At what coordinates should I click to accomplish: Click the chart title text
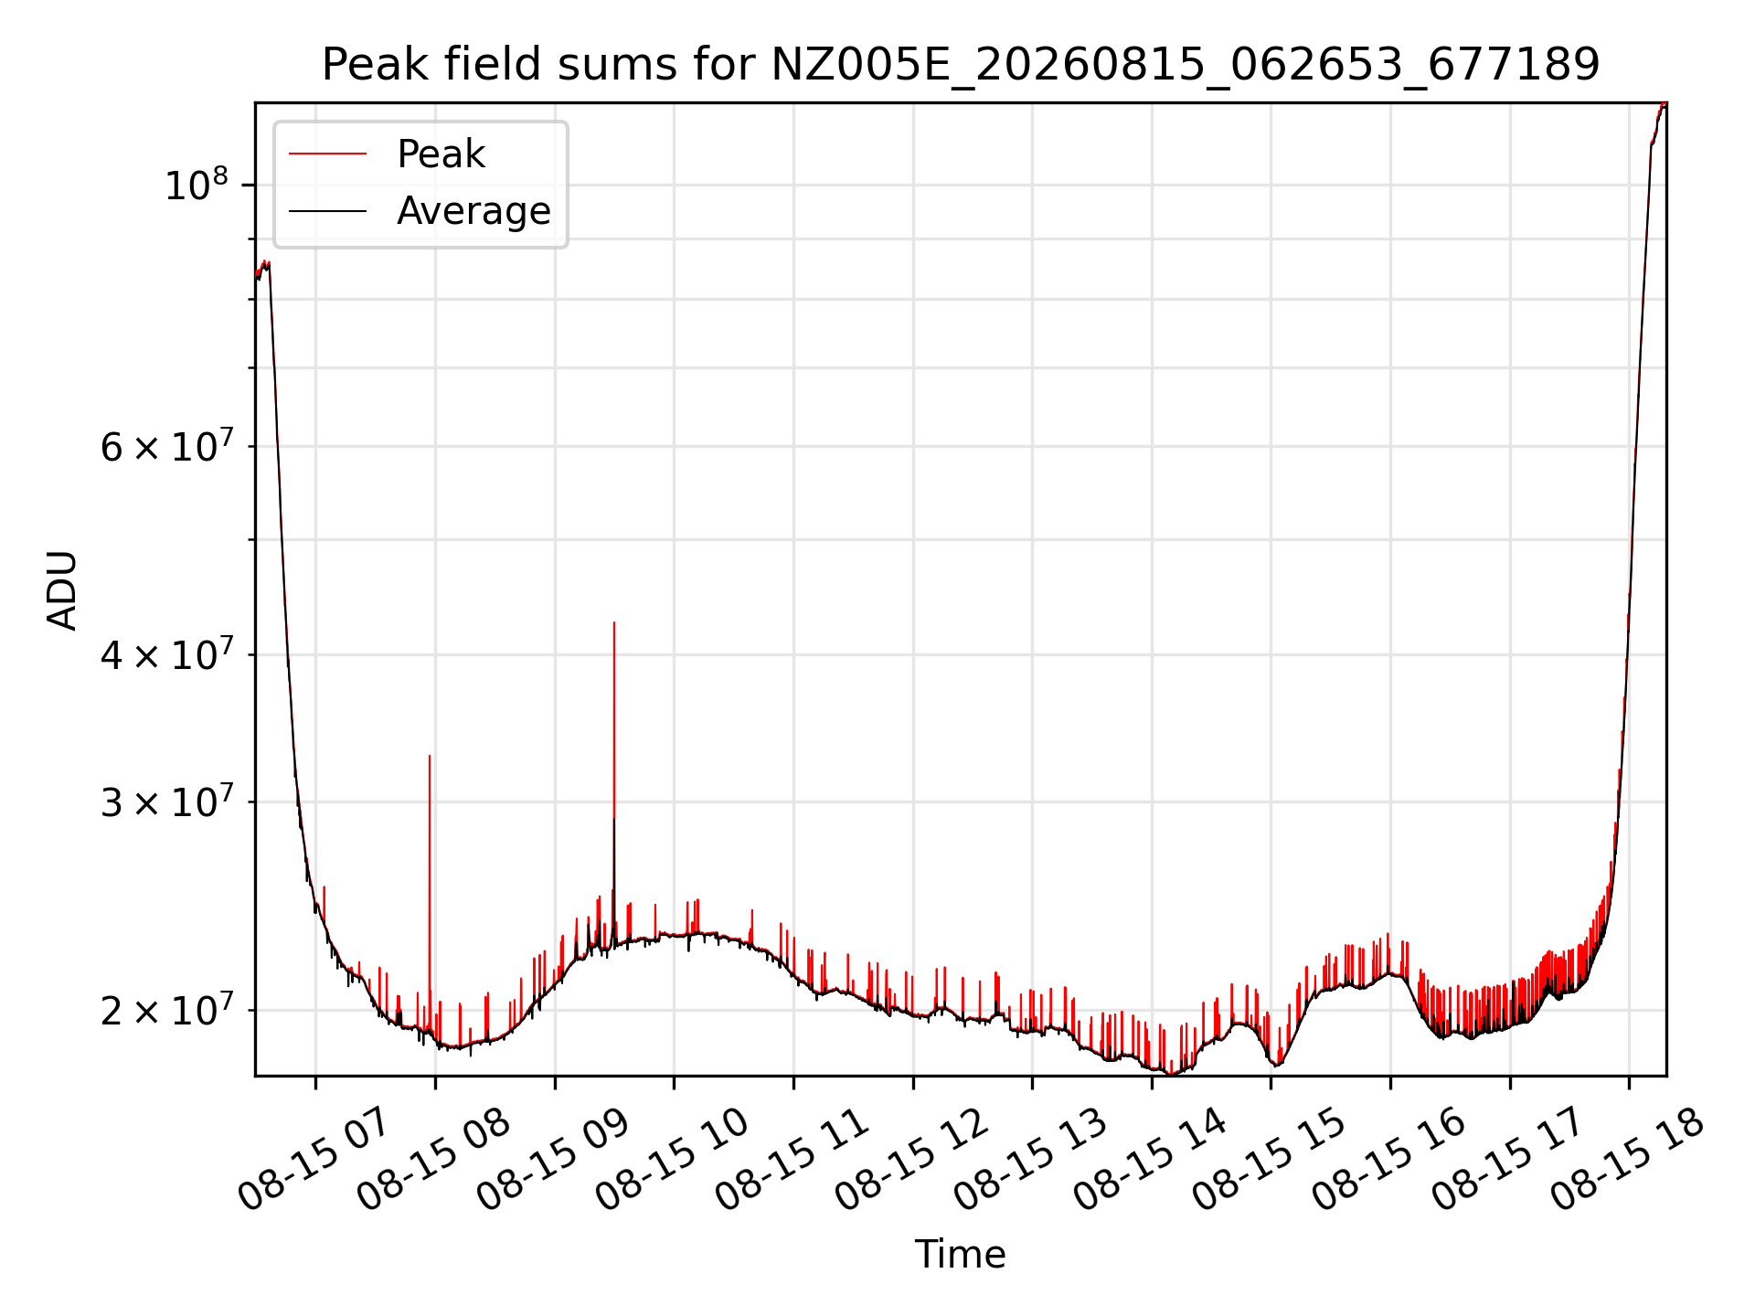[x=961, y=65]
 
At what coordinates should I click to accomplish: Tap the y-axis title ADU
[x=61, y=589]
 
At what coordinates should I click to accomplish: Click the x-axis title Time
[x=961, y=1255]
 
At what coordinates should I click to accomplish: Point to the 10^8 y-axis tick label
[x=196, y=185]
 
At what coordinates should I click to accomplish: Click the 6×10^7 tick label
[x=166, y=446]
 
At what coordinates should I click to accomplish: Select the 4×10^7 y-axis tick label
[x=166, y=654]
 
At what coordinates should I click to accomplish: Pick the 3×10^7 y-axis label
[x=166, y=801]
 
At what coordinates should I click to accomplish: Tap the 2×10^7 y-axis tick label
[x=166, y=1010]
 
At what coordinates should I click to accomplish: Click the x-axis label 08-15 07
[x=314, y=1160]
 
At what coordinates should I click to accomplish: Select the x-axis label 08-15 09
[x=553, y=1160]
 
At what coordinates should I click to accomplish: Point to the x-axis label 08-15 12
[x=911, y=1160]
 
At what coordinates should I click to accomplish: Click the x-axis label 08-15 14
[x=1150, y=1160]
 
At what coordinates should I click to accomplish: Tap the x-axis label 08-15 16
[x=1388, y=1160]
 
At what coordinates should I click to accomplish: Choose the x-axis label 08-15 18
[x=1627, y=1160]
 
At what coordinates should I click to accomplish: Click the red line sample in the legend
[x=327, y=154]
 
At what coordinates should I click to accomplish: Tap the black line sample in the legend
[x=327, y=211]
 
